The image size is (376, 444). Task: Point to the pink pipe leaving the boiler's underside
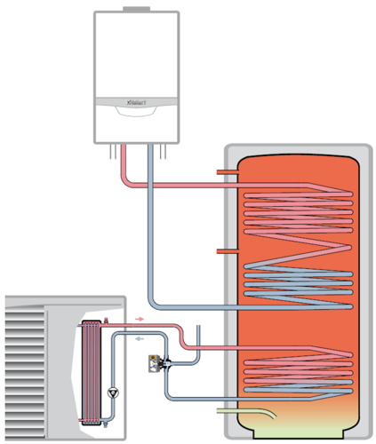coord(124,164)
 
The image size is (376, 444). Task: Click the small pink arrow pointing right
coord(139,316)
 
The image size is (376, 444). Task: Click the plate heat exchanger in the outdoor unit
coord(91,372)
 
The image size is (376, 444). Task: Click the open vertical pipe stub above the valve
coord(198,337)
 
